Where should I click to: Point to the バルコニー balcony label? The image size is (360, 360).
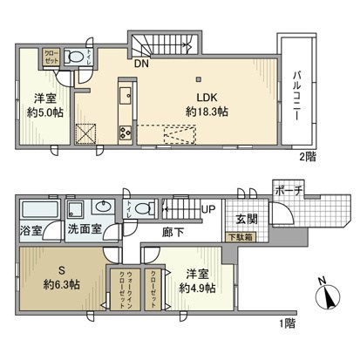tap(296, 89)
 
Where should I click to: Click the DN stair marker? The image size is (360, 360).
tap(139, 62)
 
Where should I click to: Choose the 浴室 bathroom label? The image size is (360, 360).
tap(32, 233)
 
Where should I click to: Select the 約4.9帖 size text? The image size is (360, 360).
tap(194, 287)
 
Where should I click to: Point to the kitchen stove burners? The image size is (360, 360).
tap(125, 132)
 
